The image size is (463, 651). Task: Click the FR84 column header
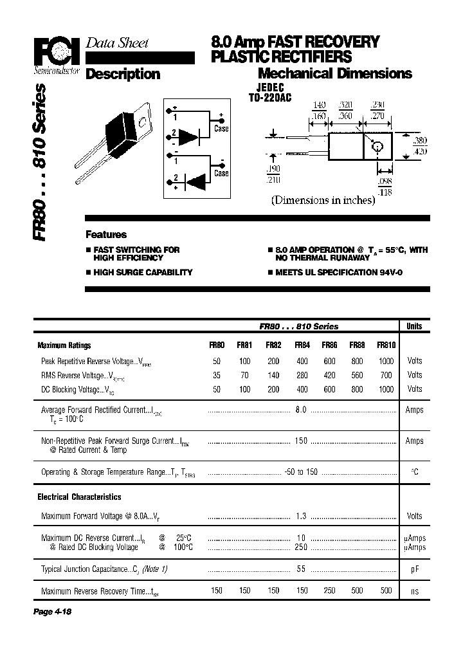302,345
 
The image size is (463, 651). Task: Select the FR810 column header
386,345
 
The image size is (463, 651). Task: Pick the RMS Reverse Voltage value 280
302,375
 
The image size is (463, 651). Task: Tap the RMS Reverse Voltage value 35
217,375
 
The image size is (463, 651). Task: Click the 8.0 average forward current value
300,410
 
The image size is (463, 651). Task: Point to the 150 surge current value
300,441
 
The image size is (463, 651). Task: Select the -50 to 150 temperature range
300,472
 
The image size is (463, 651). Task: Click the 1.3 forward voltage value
300,516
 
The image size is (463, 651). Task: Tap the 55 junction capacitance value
300,569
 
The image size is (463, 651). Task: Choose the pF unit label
415,569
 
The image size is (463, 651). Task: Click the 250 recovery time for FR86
329,591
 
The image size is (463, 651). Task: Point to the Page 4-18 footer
52,612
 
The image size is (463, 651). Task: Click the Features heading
106,235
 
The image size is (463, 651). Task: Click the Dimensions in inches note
323,200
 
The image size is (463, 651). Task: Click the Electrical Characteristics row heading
79,497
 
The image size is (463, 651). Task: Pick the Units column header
415,326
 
